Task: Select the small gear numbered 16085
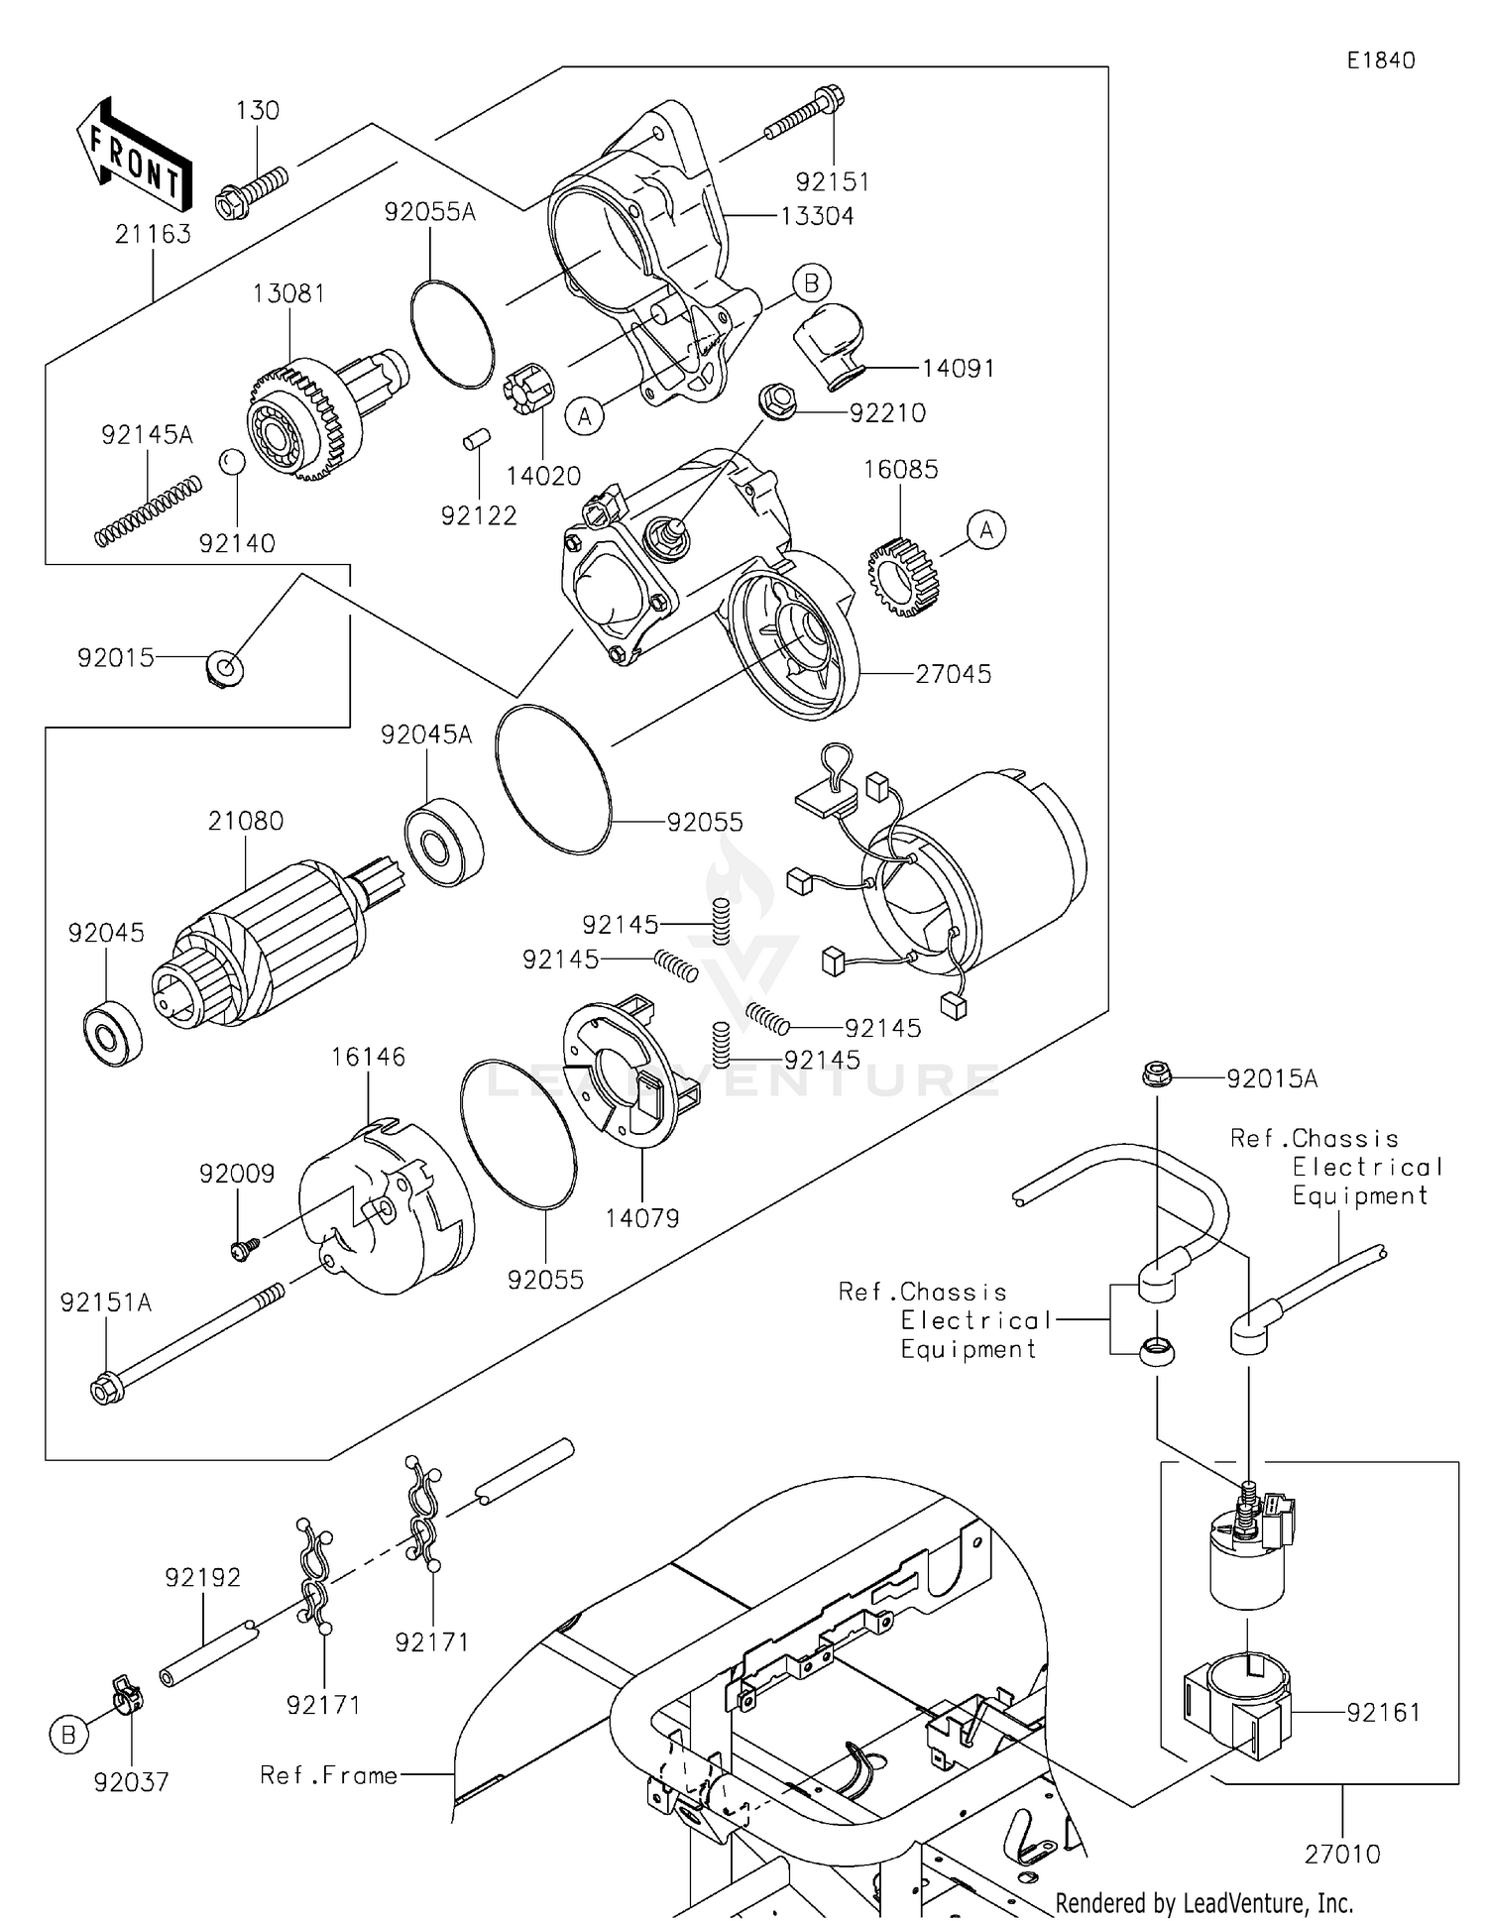pos(901,577)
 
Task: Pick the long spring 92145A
pos(149,510)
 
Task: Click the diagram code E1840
pos(1380,60)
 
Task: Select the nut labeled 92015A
pos(1155,1074)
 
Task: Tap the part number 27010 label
pos(1341,1854)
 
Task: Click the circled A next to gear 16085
pos(985,530)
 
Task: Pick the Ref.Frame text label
pos(328,1775)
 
